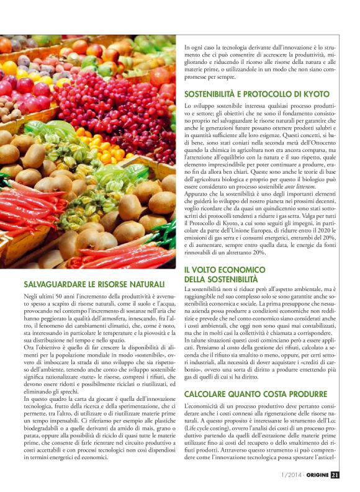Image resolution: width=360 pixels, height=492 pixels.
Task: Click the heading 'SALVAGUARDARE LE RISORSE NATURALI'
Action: tap(94, 284)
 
